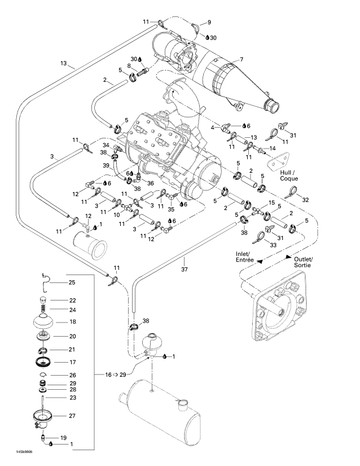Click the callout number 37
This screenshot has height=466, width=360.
pyautogui.click(x=185, y=269)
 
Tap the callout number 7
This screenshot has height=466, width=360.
pyautogui.click(x=242, y=60)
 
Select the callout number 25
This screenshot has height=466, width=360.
pyautogui.click(x=72, y=282)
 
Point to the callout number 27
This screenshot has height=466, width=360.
pyautogui.click(x=72, y=416)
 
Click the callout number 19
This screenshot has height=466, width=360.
pyautogui.click(x=64, y=438)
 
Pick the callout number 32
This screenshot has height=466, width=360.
pyautogui.click(x=305, y=200)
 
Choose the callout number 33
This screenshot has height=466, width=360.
pyautogui.click(x=273, y=245)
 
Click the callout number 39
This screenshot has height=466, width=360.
pyautogui.click(x=106, y=166)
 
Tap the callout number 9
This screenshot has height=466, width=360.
pyautogui.click(x=209, y=22)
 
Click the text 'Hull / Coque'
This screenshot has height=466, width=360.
pyautogui.click(x=288, y=175)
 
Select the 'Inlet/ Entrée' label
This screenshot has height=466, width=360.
pyautogui.click(x=244, y=257)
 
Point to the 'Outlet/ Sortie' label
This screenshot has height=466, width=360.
pyautogui.click(x=304, y=262)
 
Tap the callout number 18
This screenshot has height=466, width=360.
pyautogui.click(x=72, y=322)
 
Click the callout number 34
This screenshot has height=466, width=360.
pyautogui.click(x=106, y=145)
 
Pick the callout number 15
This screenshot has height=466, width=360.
pyautogui.click(x=271, y=202)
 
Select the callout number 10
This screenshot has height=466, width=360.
pyautogui.click(x=117, y=215)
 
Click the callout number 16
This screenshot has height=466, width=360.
pyautogui.click(x=108, y=374)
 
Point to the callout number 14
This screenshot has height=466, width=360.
pyautogui.click(x=272, y=148)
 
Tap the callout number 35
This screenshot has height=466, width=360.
pyautogui.click(x=170, y=209)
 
